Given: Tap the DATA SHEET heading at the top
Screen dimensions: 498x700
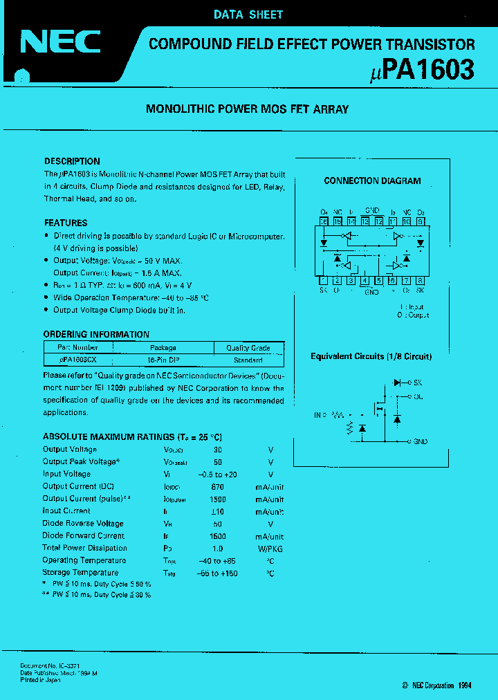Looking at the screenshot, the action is click(248, 14).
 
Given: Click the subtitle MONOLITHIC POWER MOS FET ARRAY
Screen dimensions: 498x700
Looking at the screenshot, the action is click(248, 109).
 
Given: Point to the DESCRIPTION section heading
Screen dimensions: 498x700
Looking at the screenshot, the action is click(72, 161).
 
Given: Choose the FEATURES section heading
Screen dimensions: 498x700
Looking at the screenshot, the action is click(66, 223).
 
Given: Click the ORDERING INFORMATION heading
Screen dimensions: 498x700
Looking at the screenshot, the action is click(96, 334).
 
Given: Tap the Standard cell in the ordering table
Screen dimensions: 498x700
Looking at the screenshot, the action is click(248, 360).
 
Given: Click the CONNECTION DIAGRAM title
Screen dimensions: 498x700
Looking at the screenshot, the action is click(372, 181).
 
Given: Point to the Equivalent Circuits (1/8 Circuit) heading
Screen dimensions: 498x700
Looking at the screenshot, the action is click(371, 357).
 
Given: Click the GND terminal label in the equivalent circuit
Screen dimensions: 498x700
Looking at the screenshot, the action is click(421, 441).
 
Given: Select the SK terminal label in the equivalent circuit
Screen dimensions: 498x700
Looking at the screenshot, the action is click(418, 383).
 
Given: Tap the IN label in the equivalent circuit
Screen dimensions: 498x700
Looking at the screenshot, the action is click(317, 415).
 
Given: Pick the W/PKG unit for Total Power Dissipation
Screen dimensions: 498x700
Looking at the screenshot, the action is click(270, 549).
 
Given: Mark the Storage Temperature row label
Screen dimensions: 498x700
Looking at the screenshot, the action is click(80, 573).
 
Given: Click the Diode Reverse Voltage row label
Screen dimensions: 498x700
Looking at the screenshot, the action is click(83, 524).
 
